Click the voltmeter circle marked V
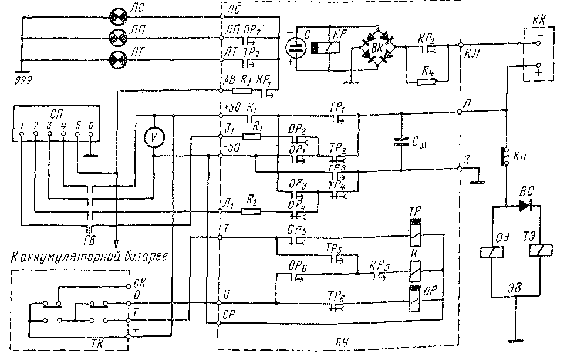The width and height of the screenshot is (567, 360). [154, 136]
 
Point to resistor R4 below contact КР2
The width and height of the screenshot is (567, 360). [426, 81]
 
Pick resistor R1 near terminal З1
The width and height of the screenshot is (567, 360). [252, 136]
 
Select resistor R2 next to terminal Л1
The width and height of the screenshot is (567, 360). [252, 210]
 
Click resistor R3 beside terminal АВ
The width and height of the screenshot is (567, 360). [241, 91]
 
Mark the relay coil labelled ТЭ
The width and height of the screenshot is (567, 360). [538, 251]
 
